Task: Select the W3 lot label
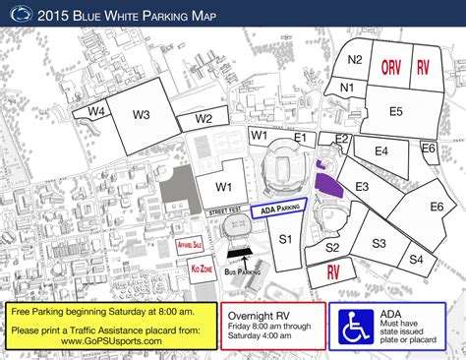tap(142, 115)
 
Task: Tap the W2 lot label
tap(204, 119)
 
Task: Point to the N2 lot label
tap(356, 60)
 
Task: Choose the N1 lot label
tap(346, 88)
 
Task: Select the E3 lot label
tap(363, 186)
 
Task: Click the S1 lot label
tap(285, 238)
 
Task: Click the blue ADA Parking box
tap(278, 209)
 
